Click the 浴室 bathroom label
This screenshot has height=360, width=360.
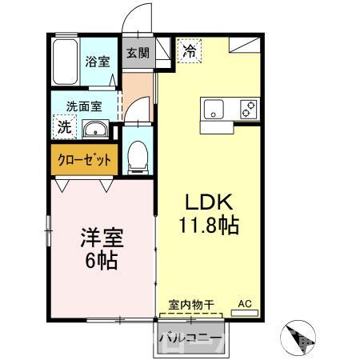click(98, 62)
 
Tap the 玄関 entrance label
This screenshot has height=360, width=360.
click(138, 54)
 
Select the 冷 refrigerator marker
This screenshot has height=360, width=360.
click(189, 50)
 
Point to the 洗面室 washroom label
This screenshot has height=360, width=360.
click(83, 105)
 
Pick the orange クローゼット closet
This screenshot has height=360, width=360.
click(84, 159)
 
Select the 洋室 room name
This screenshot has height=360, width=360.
click(102, 238)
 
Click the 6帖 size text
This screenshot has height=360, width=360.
click(102, 262)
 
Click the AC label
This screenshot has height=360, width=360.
click(246, 304)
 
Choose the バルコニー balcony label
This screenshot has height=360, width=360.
click(190, 336)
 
